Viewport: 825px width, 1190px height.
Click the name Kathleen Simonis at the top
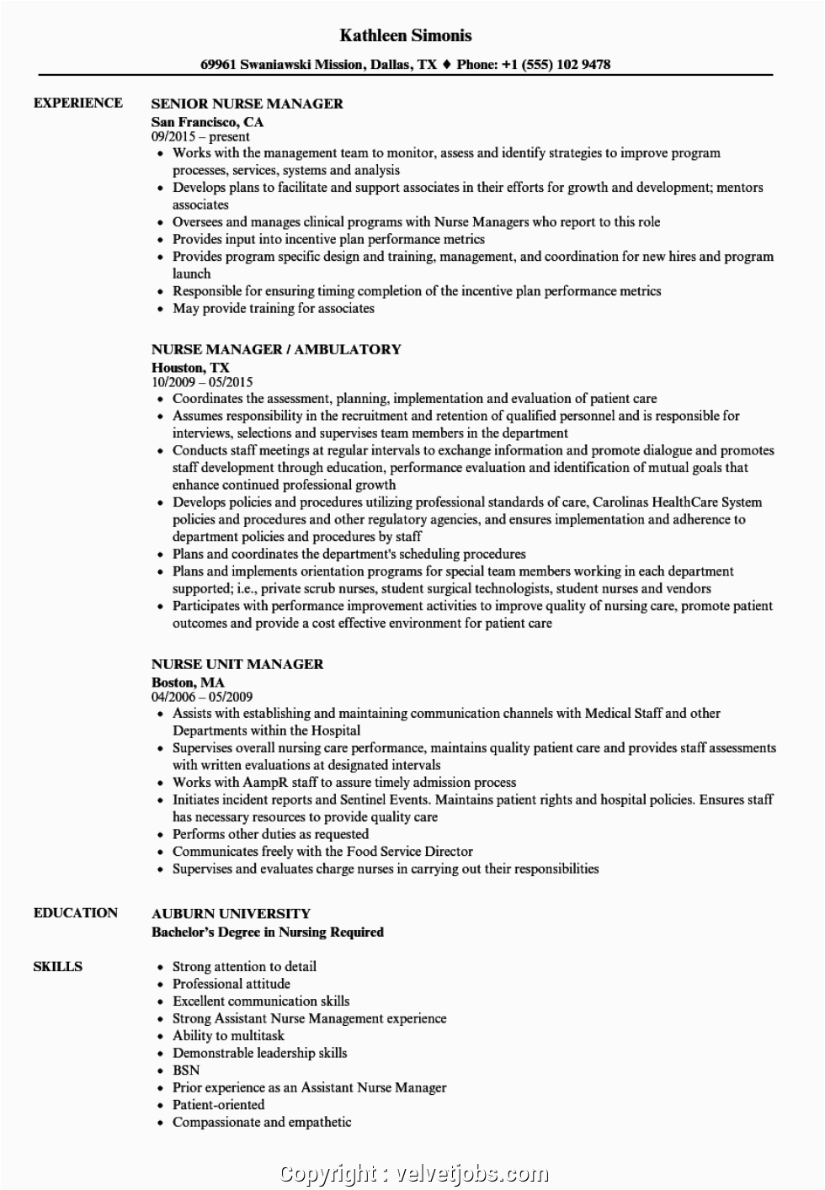[x=406, y=35]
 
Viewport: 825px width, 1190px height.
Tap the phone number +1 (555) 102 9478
[x=552, y=64]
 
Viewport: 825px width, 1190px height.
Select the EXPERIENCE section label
[x=77, y=103]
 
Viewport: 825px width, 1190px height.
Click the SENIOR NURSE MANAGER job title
[x=247, y=104]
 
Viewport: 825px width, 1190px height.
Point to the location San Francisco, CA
[x=207, y=121]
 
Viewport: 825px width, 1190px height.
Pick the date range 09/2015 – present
[x=200, y=136]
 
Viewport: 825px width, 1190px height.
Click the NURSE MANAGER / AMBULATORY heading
[x=276, y=349]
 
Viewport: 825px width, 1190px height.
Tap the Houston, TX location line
[x=190, y=367]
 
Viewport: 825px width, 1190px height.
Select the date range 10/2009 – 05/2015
[x=202, y=382]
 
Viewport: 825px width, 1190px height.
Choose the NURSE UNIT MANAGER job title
[x=237, y=664]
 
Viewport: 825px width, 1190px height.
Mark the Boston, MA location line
[x=188, y=682]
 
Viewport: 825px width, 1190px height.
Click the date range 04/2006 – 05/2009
[x=202, y=697]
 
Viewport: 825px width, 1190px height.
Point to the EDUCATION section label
[x=76, y=912]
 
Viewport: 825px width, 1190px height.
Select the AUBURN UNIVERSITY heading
[x=231, y=913]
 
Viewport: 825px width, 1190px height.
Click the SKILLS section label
[x=58, y=966]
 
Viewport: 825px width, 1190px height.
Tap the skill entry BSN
[x=186, y=1070]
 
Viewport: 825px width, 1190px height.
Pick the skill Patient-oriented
[x=219, y=1104]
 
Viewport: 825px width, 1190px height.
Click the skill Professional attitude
[x=232, y=983]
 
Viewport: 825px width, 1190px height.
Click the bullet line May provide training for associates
[x=274, y=308]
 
